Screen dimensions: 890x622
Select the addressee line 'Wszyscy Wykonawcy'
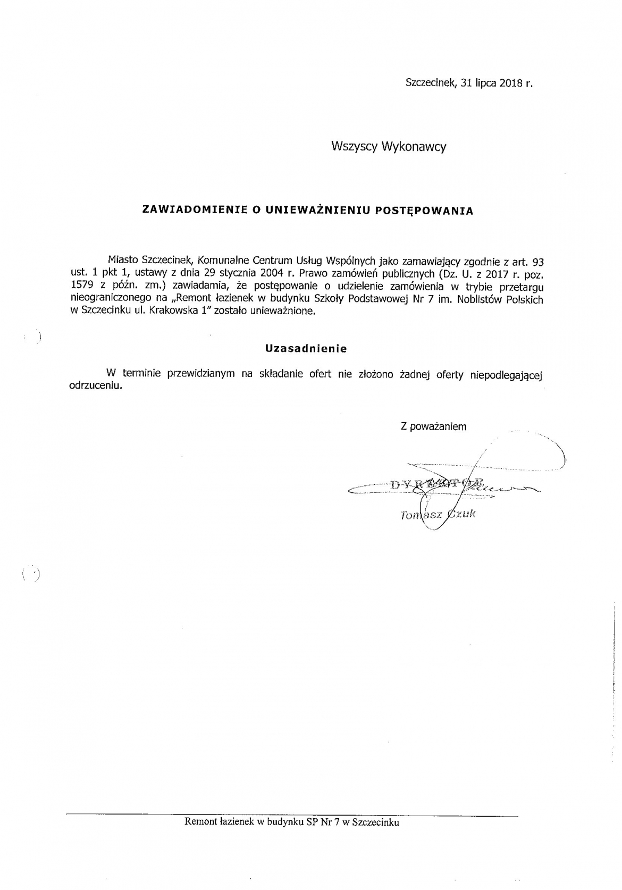(389, 147)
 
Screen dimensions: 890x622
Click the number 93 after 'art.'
(537, 262)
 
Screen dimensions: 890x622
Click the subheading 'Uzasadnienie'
(306, 349)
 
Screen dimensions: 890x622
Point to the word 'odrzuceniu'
(96, 386)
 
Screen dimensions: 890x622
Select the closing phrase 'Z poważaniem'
(433, 426)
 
